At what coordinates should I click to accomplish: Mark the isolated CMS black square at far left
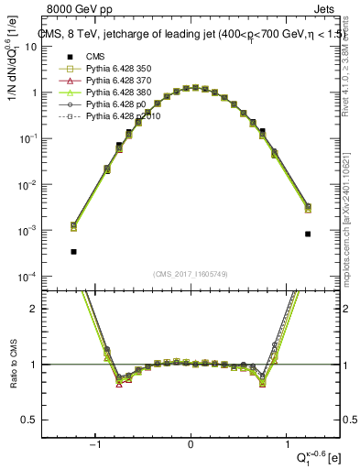tap(73, 251)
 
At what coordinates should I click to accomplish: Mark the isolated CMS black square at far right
tap(308, 234)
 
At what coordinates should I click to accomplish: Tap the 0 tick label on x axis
tap(191, 446)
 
